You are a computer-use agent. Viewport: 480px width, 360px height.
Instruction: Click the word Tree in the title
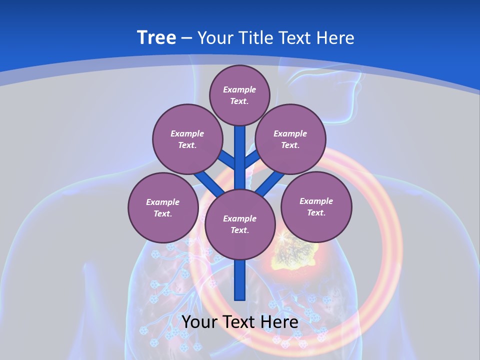(156, 38)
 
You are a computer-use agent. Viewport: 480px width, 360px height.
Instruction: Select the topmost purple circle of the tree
(239, 95)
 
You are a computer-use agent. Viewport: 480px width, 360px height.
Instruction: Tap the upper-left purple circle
(187, 139)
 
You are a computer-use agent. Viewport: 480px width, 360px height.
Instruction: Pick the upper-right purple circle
(290, 139)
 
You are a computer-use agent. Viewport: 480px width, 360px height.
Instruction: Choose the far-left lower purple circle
(163, 207)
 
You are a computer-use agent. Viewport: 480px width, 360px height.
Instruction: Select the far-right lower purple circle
(316, 206)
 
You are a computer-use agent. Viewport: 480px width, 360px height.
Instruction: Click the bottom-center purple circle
(240, 224)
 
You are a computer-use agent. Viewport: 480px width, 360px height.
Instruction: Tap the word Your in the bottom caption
(199, 322)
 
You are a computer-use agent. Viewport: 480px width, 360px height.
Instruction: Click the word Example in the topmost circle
(239, 89)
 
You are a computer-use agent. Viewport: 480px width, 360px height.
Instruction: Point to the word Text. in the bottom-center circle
(239, 230)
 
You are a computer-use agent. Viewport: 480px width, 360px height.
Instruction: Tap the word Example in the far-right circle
(316, 201)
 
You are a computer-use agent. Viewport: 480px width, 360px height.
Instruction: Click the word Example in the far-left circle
(162, 202)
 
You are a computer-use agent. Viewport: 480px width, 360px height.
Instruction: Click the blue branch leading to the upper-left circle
(226, 159)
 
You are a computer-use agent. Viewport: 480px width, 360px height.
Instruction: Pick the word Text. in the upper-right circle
(290, 145)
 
